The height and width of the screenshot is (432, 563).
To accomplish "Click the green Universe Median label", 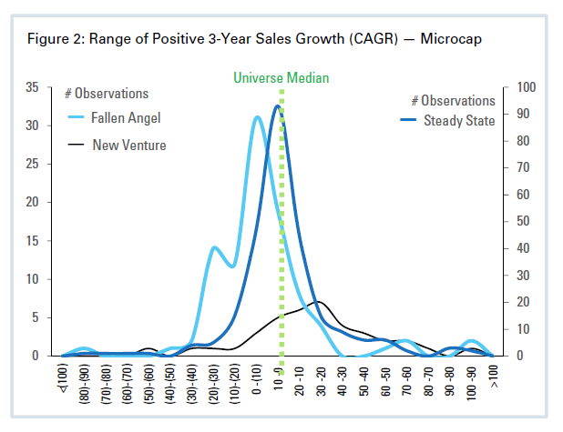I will click(x=280, y=78).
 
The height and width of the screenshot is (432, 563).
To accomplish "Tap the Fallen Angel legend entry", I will click(x=126, y=118).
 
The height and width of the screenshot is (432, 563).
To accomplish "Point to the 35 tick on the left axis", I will click(x=33, y=87).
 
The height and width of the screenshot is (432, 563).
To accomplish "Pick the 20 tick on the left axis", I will click(x=33, y=202).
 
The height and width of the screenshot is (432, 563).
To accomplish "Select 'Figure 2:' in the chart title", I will click(x=57, y=39).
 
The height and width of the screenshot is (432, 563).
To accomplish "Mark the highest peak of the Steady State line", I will click(x=277, y=106).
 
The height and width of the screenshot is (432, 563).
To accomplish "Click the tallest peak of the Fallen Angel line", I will click(x=257, y=117).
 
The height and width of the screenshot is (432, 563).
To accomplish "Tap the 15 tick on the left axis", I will click(x=33, y=241).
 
